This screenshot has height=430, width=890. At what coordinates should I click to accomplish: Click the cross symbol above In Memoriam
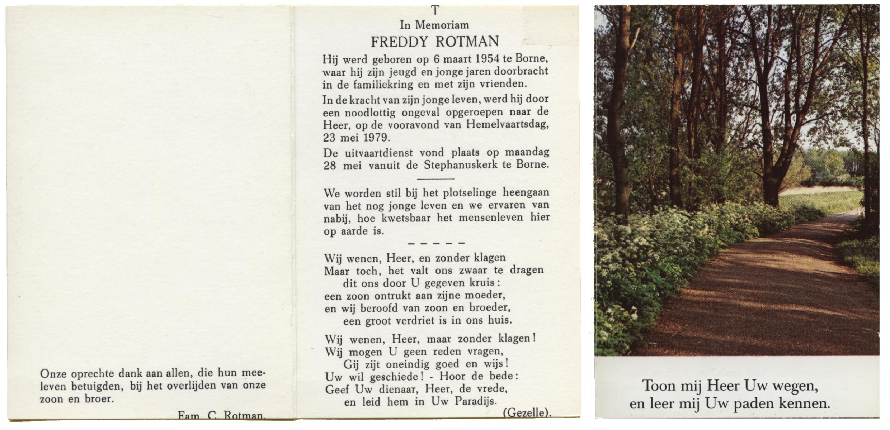[435, 10]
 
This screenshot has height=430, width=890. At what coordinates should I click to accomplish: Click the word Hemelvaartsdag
[508, 125]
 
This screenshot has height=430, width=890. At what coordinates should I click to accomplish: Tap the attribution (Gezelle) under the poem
[527, 413]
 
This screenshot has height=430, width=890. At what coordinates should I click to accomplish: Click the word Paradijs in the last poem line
[476, 401]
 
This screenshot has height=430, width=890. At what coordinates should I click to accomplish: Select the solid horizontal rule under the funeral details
[435, 179]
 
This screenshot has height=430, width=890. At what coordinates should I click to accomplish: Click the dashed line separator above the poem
[437, 244]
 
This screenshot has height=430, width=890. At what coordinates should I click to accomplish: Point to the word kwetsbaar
[406, 218]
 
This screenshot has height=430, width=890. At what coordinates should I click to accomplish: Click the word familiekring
[383, 85]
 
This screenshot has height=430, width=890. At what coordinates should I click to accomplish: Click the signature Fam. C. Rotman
[221, 416]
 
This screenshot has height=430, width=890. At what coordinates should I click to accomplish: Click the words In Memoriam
[434, 25]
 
